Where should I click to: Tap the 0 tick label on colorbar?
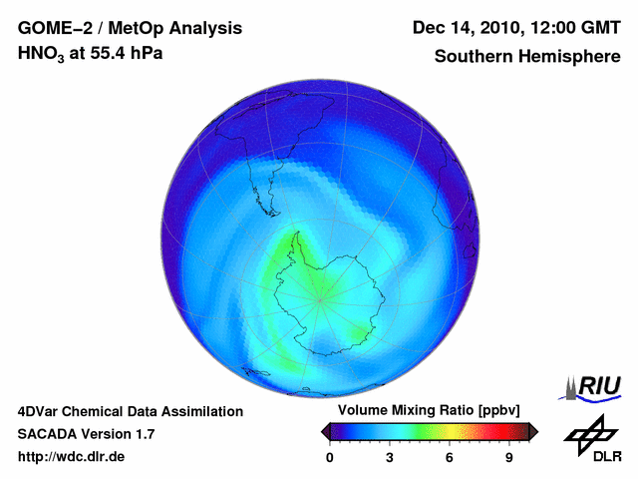pyautogui.click(x=330, y=457)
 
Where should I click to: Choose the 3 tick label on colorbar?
pyautogui.click(x=390, y=457)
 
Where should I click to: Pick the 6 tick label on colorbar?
pyautogui.click(x=450, y=457)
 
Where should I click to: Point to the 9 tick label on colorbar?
pyautogui.click(x=508, y=457)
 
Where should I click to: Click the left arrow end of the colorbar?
pyautogui.click(x=326, y=431)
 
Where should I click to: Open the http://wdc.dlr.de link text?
pyautogui.click(x=72, y=457)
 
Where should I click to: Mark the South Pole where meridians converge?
pyautogui.click(x=320, y=298)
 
